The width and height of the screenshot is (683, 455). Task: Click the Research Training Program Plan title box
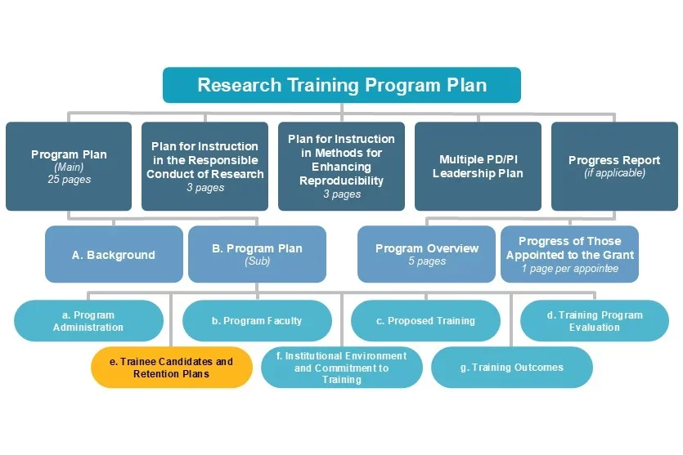pos(341,85)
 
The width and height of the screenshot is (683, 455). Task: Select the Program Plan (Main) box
pos(69,166)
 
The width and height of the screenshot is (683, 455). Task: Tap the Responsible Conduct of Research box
pos(205,166)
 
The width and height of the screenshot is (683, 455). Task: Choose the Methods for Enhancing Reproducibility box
pos(341,166)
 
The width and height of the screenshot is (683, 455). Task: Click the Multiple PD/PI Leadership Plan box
pos(478,166)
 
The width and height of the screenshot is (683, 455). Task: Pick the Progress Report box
pos(614,166)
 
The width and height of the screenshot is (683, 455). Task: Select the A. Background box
pos(113,255)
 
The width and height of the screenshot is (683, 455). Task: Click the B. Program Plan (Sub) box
pos(257,255)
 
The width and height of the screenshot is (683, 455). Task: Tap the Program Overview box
pos(426,255)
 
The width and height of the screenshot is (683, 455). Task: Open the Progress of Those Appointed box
pos(569,255)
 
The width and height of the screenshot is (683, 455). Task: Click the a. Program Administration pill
pos(88,321)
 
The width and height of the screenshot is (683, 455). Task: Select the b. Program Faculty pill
pos(257,321)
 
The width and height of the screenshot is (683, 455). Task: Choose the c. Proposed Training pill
pos(425,321)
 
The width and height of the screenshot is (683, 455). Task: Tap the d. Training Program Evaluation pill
pos(594,321)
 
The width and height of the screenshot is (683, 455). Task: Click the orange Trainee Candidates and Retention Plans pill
pos(171,368)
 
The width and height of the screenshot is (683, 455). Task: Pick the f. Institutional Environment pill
pos(341,368)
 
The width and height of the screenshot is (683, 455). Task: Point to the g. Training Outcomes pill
pos(511,368)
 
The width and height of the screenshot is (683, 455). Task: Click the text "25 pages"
pos(69,180)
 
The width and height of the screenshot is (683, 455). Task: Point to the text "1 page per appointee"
pos(569,269)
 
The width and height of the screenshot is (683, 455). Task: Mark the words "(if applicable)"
pos(614,173)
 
